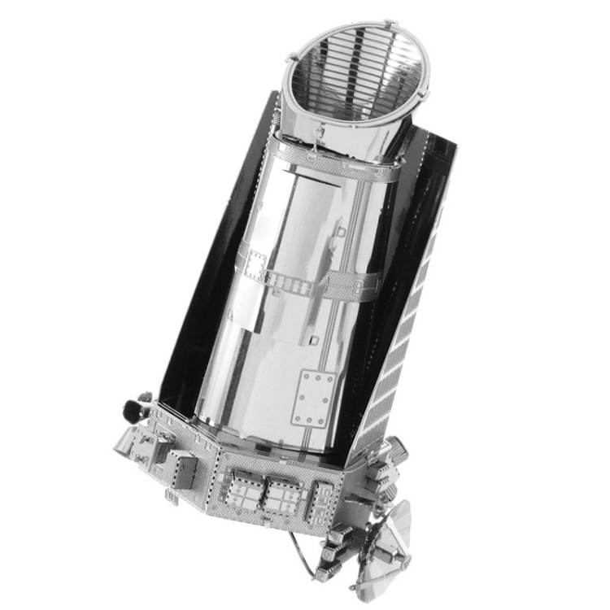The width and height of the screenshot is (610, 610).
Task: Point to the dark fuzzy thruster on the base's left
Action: pos(133,407)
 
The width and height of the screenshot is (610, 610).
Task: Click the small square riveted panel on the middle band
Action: pos(255,264)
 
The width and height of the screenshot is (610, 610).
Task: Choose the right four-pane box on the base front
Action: pos(284,495)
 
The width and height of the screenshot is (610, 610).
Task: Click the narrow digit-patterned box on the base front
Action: pos(321,495)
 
